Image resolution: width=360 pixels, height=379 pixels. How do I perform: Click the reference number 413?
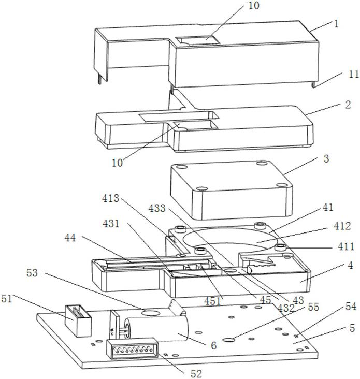coord(111,198)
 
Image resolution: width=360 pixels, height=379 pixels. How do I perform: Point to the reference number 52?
coord(195,371)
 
